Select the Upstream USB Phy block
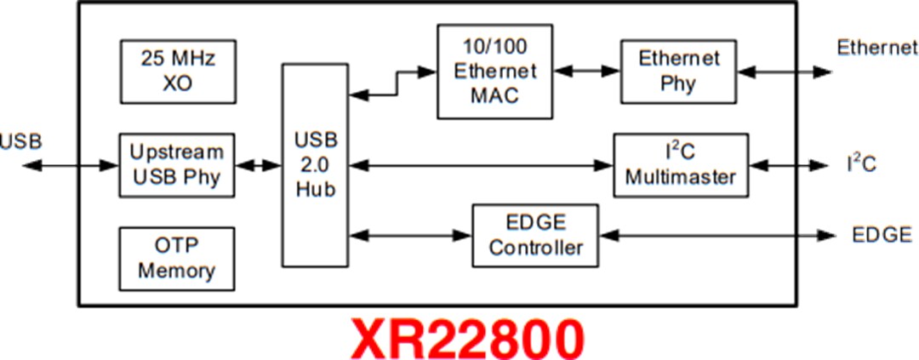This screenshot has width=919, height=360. (176, 165)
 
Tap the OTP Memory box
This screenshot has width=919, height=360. (176, 259)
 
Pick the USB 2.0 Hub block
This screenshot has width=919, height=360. (316, 164)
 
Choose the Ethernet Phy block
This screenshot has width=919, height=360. (678, 71)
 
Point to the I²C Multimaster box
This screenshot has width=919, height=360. (681, 165)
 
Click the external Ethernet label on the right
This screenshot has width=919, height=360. (876, 48)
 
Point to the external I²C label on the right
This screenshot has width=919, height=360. (861, 163)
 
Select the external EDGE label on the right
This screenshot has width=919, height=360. (881, 236)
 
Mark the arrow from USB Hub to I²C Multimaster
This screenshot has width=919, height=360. (482, 164)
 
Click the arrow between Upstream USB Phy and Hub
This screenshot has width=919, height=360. (259, 165)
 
